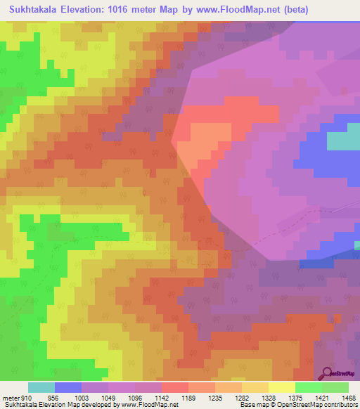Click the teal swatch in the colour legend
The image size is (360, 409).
(41, 387)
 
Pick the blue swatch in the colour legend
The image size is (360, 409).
(68, 387)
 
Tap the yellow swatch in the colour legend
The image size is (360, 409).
(281, 387)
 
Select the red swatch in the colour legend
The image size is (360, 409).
(175, 387)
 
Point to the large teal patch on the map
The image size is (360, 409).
(343, 141)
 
